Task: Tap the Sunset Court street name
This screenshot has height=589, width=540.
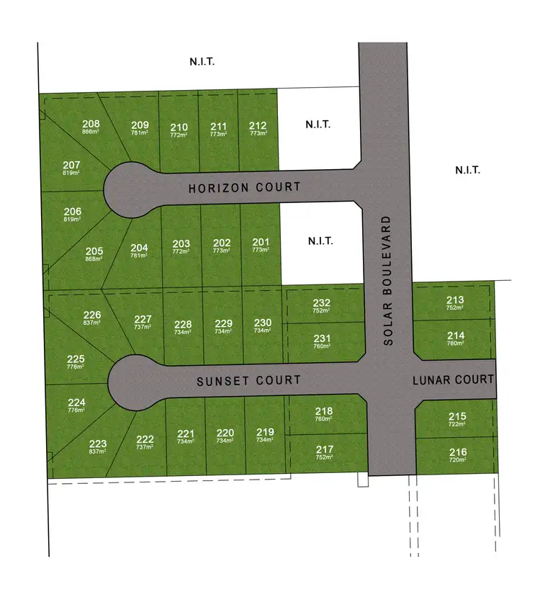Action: pos(248,381)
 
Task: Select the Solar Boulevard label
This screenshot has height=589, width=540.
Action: pos(389,280)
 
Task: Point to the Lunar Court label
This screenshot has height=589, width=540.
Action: pos(454,379)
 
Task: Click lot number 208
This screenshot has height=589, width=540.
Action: pos(91,124)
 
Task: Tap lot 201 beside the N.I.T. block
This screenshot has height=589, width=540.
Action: pos(261,243)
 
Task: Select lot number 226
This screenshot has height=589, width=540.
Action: pos(91,315)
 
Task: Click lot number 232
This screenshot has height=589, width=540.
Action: pos(321,302)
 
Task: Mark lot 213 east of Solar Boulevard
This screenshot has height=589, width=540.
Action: pos(455,300)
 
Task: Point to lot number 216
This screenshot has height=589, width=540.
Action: pos(457,452)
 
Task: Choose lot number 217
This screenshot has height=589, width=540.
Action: pos(324,449)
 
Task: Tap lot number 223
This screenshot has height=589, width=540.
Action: pos(98,444)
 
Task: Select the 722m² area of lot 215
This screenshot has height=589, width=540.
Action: pos(457,424)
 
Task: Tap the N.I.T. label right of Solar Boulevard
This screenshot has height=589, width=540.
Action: pos(467,171)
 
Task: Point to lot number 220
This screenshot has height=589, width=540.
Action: pos(225,433)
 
